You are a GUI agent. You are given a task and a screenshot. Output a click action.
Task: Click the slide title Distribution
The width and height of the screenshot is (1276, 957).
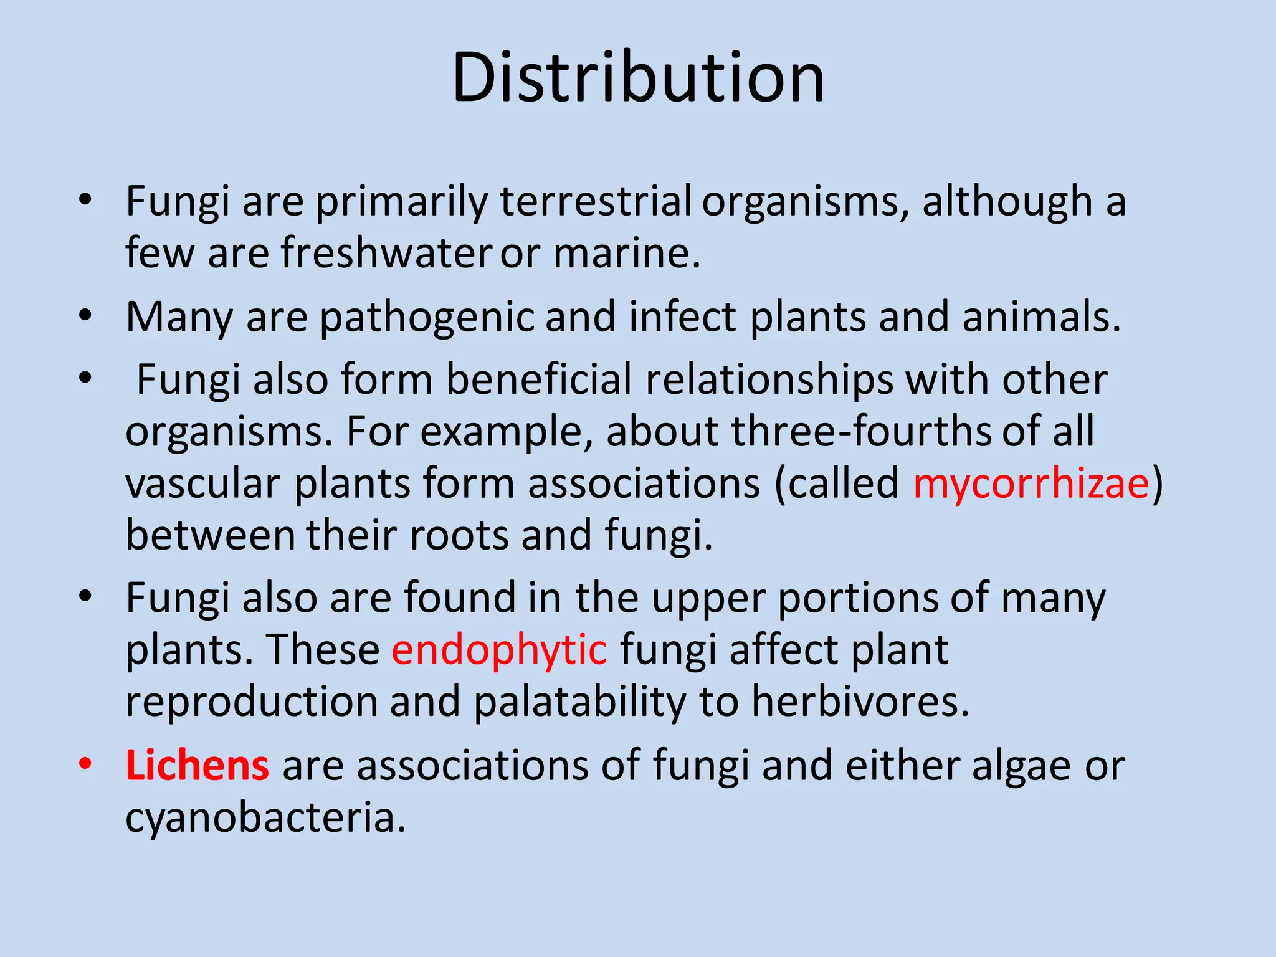pyautogui.click(x=638, y=78)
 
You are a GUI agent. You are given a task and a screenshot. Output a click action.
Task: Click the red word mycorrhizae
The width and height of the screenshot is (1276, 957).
pyautogui.click(x=1031, y=483)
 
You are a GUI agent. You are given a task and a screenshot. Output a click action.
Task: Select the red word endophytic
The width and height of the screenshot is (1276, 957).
pyautogui.click(x=499, y=650)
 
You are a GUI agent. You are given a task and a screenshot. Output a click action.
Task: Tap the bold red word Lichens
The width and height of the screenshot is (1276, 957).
pyautogui.click(x=197, y=765)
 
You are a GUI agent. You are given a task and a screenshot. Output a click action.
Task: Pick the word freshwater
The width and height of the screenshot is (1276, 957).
pyautogui.click(x=386, y=254)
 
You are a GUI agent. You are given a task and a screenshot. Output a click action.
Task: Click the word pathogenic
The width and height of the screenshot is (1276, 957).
pyautogui.click(x=427, y=318)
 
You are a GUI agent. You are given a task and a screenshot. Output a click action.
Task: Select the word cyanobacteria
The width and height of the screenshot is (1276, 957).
pyautogui.click(x=265, y=817)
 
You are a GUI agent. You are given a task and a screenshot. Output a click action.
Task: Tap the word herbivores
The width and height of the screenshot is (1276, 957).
pyautogui.click(x=860, y=702)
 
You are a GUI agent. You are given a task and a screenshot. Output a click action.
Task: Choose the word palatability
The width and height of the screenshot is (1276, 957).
pyautogui.click(x=579, y=702)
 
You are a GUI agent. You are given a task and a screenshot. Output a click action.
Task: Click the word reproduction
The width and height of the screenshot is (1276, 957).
pyautogui.click(x=252, y=702)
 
